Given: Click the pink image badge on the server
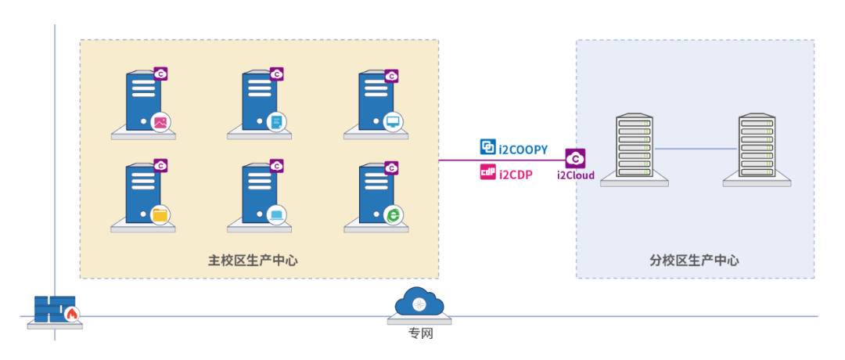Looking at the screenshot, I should click(x=160, y=122).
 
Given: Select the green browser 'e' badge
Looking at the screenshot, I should click(x=393, y=214).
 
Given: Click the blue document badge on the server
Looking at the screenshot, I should click(x=276, y=122).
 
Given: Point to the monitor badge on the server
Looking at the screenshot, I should click(x=393, y=122).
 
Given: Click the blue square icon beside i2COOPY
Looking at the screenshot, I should click(x=487, y=147).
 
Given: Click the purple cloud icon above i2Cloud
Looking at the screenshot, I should click(x=576, y=158).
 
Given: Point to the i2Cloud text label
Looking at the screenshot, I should click(x=576, y=175).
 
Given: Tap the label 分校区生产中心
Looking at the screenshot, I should click(x=694, y=261).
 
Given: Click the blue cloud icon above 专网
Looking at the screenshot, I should click(x=420, y=303).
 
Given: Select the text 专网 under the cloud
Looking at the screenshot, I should click(x=420, y=334).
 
